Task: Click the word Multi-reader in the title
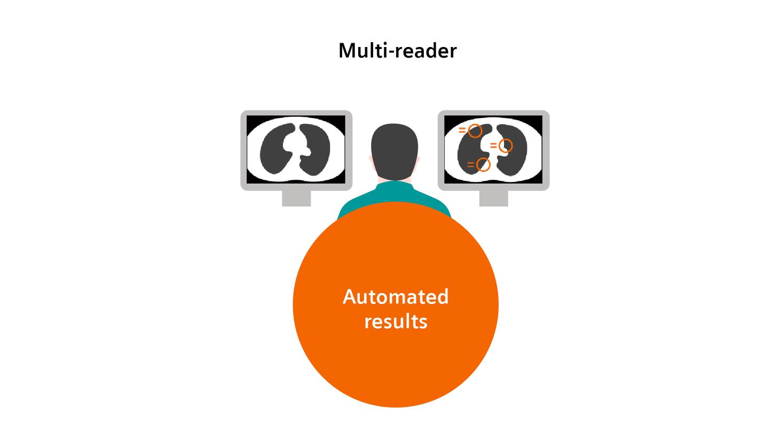tap(397, 51)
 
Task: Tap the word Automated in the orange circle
tap(395, 297)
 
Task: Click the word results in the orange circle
tap(395, 322)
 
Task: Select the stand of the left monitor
tap(296, 198)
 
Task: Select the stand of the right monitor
tap(493, 198)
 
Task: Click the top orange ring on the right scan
tap(475, 130)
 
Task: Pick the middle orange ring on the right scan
tap(506, 146)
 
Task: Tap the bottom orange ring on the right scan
tap(483, 164)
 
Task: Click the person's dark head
tap(395, 149)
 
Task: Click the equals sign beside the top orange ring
tap(462, 130)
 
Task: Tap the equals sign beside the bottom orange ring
tap(470, 164)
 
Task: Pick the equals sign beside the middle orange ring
tap(493, 146)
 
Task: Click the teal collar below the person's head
tap(395, 185)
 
